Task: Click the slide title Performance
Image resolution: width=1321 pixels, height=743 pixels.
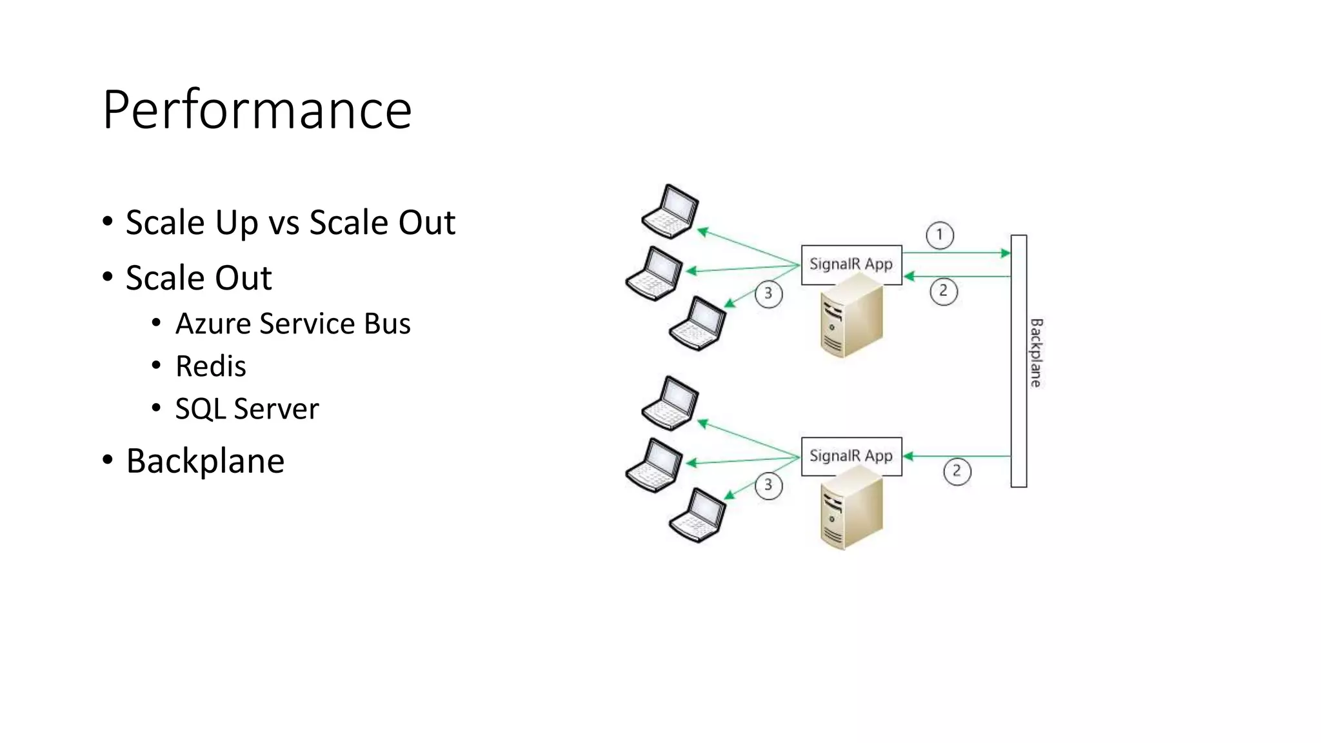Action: point(257,110)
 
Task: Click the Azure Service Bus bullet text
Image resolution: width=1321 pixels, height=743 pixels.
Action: point(292,324)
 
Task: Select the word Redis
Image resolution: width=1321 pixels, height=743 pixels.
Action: point(210,366)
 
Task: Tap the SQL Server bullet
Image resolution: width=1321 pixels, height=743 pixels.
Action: point(246,409)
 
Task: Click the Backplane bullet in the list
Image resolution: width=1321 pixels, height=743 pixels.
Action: point(204,461)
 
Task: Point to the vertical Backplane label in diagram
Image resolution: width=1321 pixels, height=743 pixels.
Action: point(1035,353)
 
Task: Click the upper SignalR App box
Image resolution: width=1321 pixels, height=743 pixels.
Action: point(851,264)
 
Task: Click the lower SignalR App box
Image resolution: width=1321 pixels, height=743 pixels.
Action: point(851,456)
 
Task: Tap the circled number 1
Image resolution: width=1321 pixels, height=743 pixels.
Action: point(939,235)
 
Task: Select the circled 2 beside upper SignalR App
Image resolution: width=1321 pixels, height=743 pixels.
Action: point(943,291)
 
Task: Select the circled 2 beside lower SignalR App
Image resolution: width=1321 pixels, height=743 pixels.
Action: point(957,471)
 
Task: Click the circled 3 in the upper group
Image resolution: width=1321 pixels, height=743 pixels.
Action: point(768,294)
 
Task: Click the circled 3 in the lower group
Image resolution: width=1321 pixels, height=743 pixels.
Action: point(768,485)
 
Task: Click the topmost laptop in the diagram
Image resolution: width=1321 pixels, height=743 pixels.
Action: point(671,211)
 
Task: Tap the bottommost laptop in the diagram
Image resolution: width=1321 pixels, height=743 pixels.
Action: point(698,515)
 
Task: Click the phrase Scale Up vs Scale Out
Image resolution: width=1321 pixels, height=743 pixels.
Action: point(290,223)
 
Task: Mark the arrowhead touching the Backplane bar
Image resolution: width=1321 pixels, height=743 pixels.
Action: point(1005,253)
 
